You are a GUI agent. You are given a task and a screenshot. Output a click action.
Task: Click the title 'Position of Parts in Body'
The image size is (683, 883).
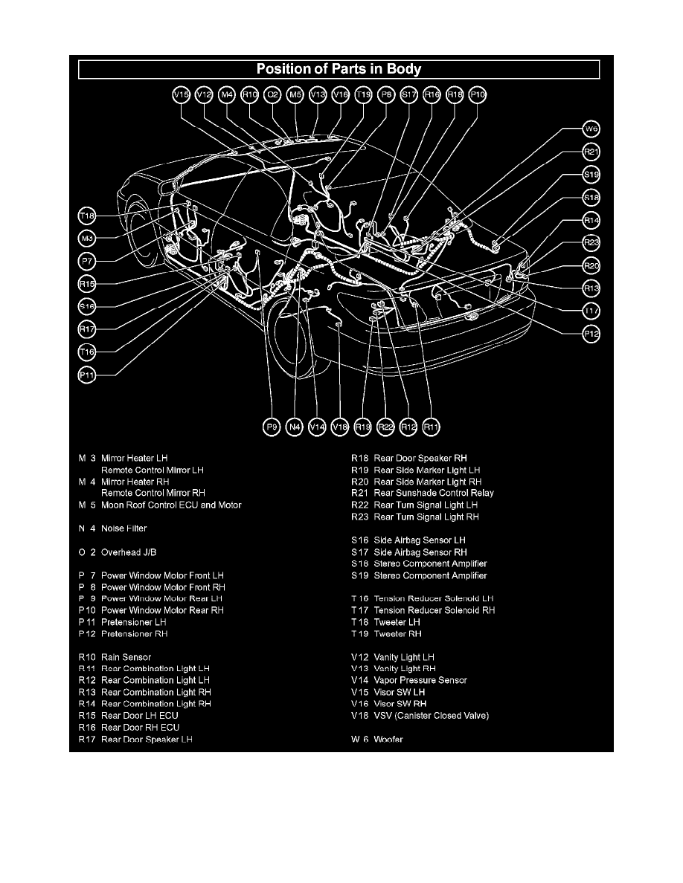click(x=339, y=70)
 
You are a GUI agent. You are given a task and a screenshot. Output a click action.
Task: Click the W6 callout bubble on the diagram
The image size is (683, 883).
click(x=591, y=129)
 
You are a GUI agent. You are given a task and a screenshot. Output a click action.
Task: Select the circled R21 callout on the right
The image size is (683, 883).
click(x=591, y=152)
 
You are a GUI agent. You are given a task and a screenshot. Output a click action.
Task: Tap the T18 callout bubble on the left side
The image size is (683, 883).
click(x=88, y=216)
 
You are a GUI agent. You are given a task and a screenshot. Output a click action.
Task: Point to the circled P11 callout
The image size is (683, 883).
click(x=88, y=375)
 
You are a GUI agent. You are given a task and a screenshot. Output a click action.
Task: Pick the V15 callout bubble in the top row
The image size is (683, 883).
click(x=182, y=94)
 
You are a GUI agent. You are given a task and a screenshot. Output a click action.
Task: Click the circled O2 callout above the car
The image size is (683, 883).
click(x=273, y=94)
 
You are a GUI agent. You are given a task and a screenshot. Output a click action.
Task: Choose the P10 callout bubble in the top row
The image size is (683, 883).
click(x=478, y=94)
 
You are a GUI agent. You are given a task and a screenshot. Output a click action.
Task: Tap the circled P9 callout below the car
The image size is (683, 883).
click(x=272, y=427)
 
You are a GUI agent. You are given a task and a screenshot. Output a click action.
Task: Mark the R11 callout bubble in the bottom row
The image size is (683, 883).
click(x=432, y=427)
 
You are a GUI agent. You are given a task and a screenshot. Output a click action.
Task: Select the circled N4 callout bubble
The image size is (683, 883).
click(x=295, y=427)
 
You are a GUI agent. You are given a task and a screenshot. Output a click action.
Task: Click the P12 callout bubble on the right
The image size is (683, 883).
click(x=591, y=334)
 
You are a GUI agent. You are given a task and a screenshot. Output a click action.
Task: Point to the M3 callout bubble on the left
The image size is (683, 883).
click(x=88, y=239)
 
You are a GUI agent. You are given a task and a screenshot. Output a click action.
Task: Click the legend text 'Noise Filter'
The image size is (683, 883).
click(x=124, y=528)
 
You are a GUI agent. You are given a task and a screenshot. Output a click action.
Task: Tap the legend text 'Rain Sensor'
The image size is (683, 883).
click(x=126, y=657)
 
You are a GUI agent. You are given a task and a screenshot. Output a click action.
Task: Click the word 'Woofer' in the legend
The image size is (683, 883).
click(x=388, y=740)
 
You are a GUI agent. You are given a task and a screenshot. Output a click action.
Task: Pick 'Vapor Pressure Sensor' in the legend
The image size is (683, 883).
click(x=420, y=680)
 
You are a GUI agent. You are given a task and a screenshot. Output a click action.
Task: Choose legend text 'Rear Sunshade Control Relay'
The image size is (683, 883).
click(x=434, y=493)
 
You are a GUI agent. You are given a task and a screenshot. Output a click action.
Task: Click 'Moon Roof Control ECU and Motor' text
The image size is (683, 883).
click(x=171, y=505)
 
